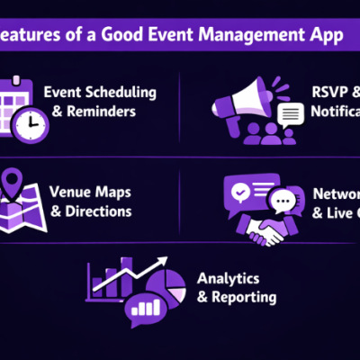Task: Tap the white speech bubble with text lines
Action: pos(291,114)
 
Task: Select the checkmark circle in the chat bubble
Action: pos(239,192)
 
